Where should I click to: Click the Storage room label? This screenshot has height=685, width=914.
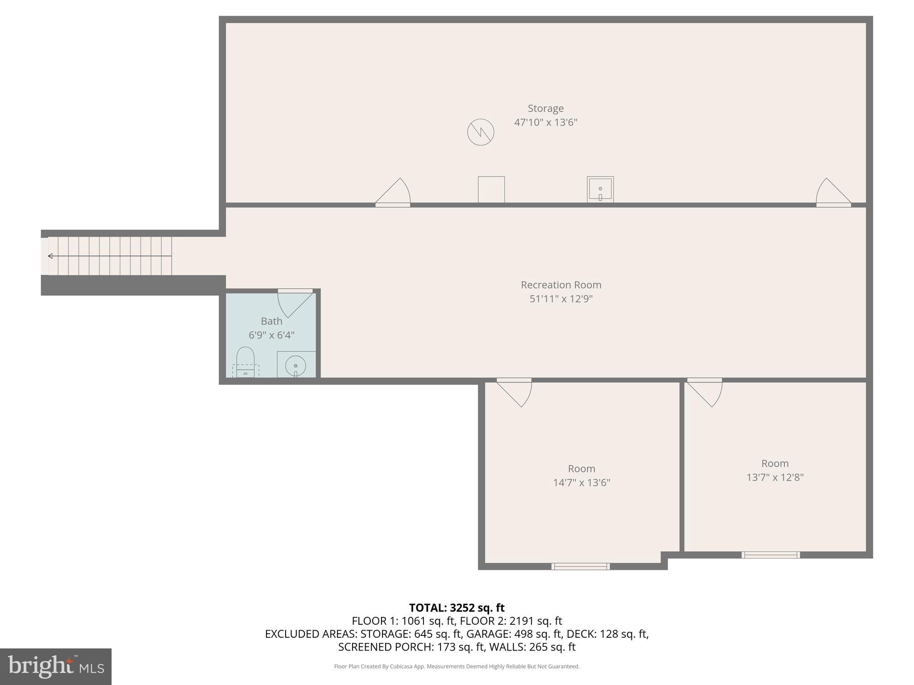pos(545,108)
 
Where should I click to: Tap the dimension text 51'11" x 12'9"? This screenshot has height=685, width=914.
pos(561,299)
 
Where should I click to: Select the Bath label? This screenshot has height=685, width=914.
pos(271,321)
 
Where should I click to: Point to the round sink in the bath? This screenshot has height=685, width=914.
pos(295,366)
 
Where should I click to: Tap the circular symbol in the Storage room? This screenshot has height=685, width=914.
pos(481,132)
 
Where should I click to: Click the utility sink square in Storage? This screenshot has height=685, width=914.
pos(600,190)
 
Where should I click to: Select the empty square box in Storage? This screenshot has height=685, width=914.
pos(491,190)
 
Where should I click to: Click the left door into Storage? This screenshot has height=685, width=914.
pos(394,193)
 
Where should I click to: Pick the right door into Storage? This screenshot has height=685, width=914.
pos(832,193)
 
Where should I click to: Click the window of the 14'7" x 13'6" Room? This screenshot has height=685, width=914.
pos(580,566)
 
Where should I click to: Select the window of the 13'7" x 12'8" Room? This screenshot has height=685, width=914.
pos(770,555)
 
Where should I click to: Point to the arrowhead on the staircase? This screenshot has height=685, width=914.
pos(50,256)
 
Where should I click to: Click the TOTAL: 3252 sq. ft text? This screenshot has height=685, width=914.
pos(457,608)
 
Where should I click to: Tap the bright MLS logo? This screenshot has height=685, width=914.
pos(56,666)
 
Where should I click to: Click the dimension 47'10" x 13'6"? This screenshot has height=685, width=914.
pos(545,122)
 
